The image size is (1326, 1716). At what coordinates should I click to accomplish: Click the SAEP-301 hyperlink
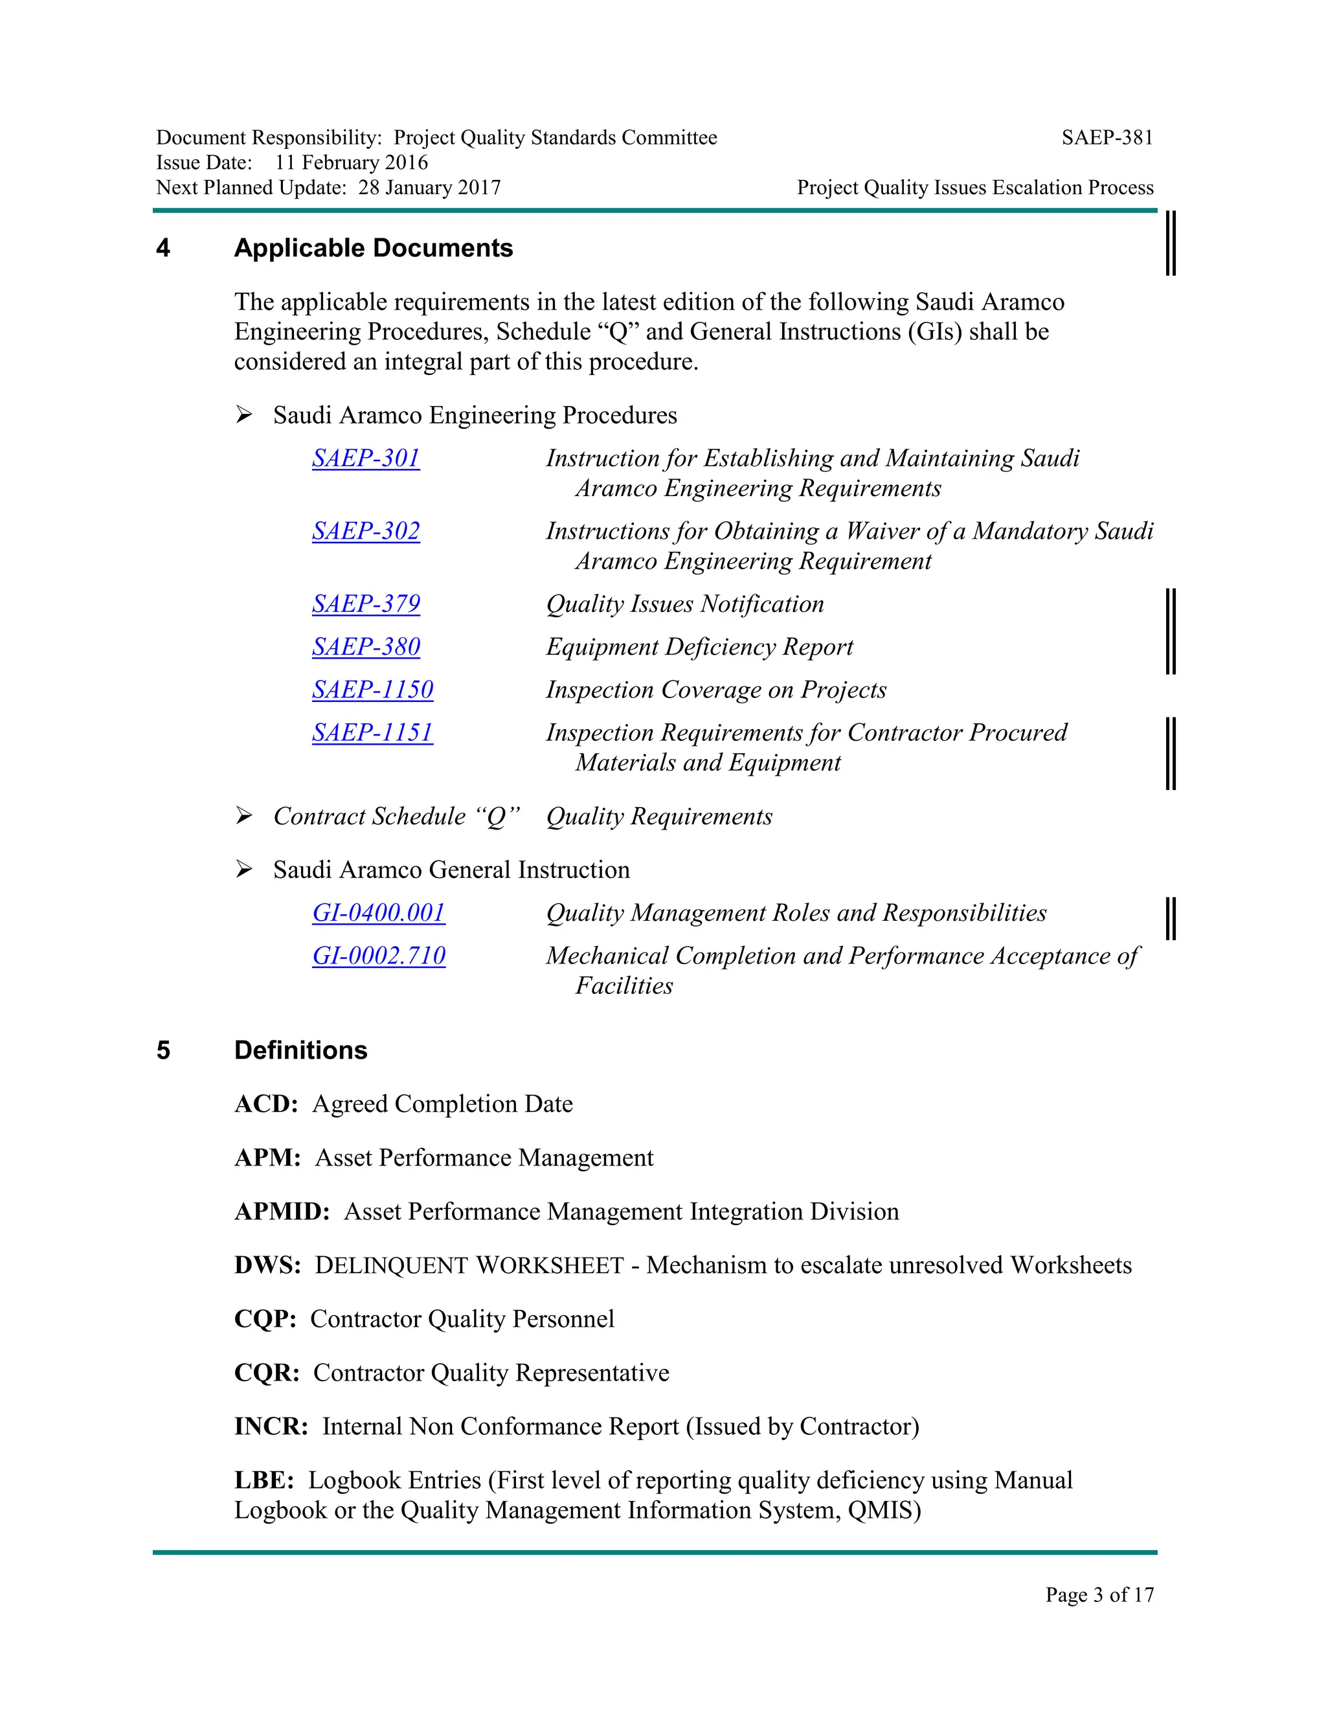tap(366, 458)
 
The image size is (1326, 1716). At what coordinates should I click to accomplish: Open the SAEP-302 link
tap(366, 531)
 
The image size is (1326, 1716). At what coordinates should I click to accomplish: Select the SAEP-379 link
tap(366, 604)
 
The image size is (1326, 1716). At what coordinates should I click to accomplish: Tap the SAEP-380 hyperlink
tap(366, 647)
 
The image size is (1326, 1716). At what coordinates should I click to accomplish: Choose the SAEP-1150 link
tap(372, 690)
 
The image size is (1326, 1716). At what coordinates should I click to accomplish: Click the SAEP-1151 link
tap(372, 732)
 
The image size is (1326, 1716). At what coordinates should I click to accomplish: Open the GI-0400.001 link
tap(379, 913)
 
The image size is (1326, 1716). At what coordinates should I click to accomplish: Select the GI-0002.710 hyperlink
tap(379, 956)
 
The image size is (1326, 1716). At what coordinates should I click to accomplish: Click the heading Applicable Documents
tap(373, 248)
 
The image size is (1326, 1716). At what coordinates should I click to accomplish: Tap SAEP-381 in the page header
tap(1107, 139)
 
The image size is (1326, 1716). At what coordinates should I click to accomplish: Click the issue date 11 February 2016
tap(351, 163)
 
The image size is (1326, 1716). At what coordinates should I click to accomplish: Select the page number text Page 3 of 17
tap(1099, 1594)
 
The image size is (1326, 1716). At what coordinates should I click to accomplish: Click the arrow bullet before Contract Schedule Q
tap(244, 817)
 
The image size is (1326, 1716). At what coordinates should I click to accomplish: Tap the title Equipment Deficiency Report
tap(699, 647)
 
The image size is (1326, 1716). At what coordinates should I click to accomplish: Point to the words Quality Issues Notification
tap(685, 604)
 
